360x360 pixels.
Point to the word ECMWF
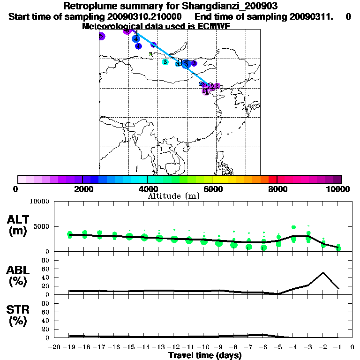click(x=211, y=26)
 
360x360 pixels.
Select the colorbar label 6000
click(x=212, y=189)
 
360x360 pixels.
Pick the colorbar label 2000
click(x=82, y=189)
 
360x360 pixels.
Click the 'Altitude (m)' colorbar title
click(x=173, y=196)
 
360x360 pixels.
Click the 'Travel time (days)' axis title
click(x=205, y=355)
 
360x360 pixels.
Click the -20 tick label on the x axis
click(x=54, y=347)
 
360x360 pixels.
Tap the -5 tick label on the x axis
click(x=278, y=347)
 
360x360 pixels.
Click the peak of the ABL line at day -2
click(x=323, y=272)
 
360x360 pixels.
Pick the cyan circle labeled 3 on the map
click(x=165, y=62)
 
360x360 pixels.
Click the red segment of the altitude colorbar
click(x=272, y=179)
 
